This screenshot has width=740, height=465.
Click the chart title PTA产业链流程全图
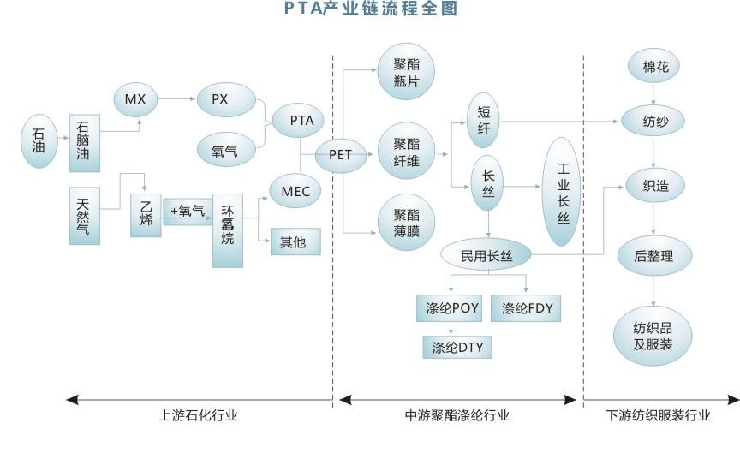point(371,9)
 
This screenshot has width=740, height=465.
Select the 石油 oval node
point(39,141)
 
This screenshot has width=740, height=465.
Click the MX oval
point(135,99)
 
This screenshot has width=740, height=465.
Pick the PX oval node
point(227,99)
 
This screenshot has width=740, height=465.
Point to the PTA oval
point(301,121)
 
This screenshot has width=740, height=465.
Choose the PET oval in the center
point(340,157)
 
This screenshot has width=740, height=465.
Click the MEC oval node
point(295,191)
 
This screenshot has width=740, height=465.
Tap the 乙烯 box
point(145,215)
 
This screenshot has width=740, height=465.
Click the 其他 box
point(295,241)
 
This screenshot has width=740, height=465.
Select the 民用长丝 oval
point(486,254)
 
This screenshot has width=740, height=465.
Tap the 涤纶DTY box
point(457,347)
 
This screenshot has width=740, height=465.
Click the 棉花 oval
point(656,67)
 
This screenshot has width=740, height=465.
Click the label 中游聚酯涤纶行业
point(457,415)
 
